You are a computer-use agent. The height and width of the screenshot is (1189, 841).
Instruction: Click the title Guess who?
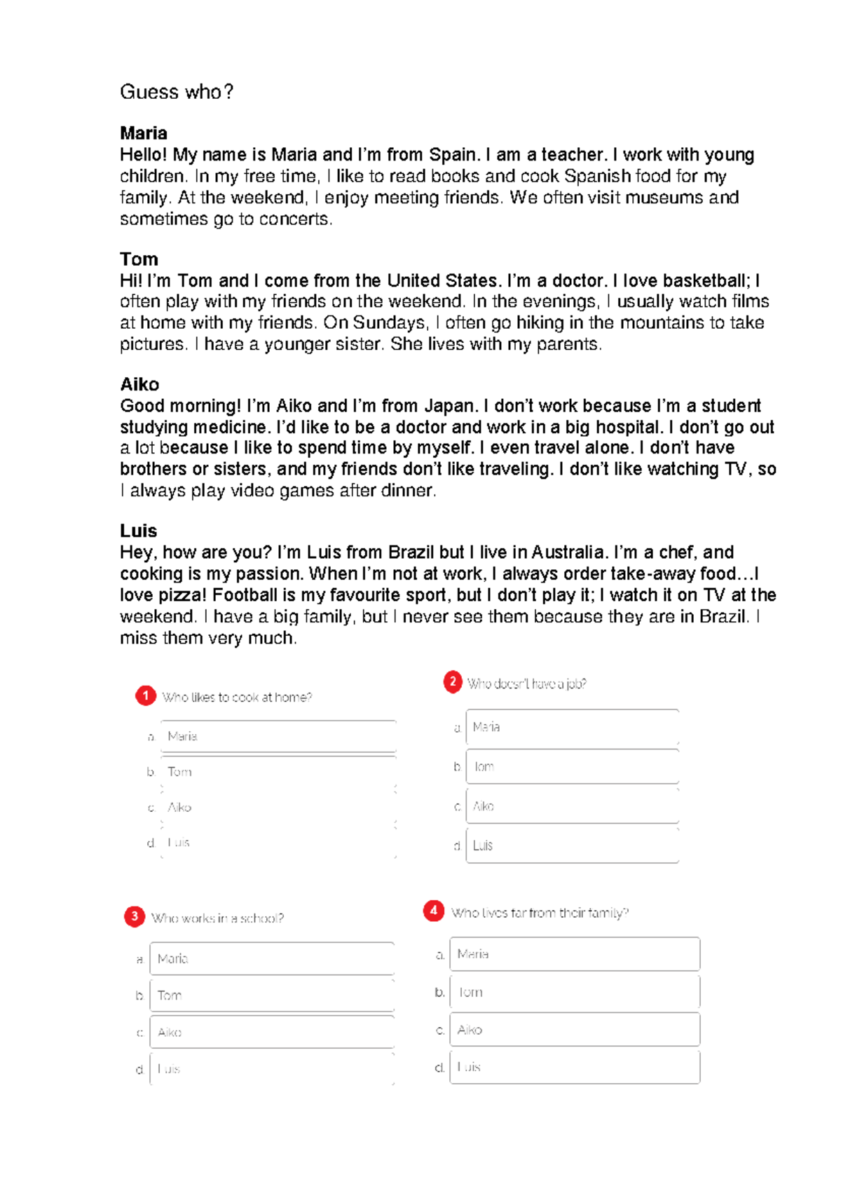(177, 92)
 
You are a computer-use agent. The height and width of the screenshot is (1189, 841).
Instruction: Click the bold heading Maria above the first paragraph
(144, 133)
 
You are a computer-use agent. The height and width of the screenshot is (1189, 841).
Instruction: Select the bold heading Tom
(139, 259)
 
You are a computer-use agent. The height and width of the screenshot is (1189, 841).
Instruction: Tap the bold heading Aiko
(139, 384)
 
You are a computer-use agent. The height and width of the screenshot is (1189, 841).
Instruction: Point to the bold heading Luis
(138, 531)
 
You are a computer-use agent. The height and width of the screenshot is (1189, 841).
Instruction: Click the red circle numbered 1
(146, 695)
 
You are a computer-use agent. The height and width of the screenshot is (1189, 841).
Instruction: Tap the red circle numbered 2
(453, 681)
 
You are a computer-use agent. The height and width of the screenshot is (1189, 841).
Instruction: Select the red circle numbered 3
(135, 916)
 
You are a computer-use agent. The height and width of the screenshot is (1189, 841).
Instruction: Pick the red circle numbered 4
(434, 911)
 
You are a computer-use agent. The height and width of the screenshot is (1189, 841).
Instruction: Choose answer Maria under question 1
(278, 736)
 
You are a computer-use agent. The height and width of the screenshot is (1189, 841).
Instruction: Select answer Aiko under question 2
(572, 806)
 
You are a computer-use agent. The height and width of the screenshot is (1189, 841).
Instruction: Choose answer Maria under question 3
(271, 958)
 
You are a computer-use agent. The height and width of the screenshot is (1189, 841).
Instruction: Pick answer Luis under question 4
(574, 1067)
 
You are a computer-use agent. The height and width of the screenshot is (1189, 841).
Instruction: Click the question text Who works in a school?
(217, 918)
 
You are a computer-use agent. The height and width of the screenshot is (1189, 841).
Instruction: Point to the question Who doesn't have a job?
(526, 684)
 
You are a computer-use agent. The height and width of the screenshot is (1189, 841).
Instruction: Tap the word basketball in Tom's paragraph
(704, 280)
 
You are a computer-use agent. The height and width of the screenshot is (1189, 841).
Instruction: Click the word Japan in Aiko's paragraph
(449, 406)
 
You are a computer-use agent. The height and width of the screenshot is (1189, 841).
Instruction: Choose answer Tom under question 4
(574, 992)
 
